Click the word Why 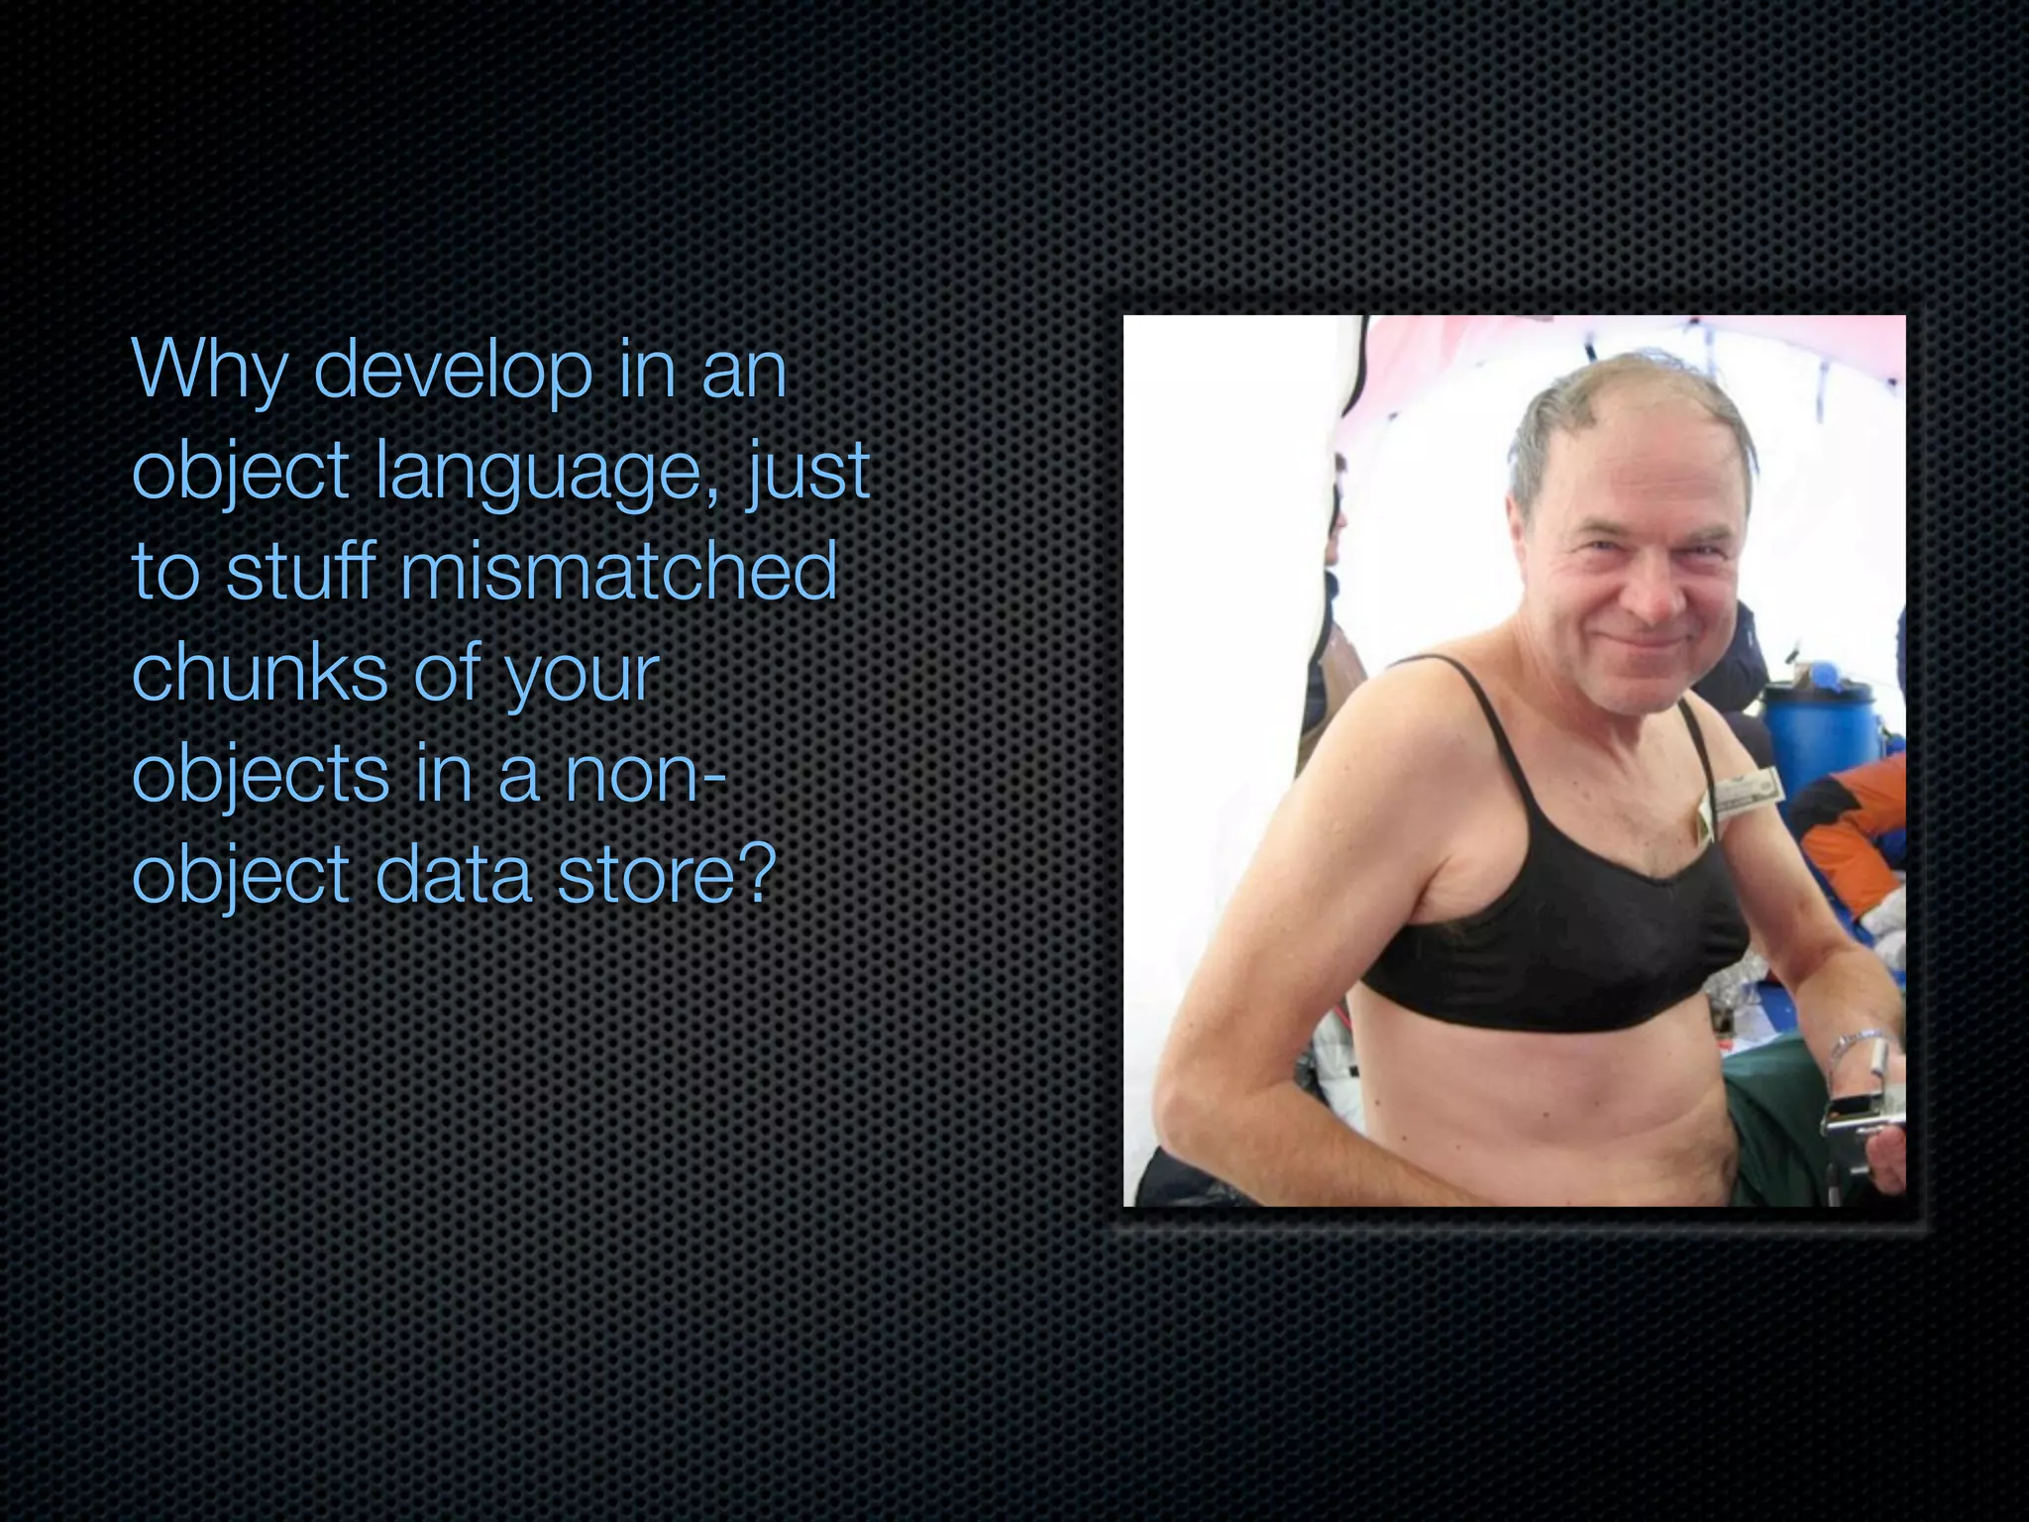pyautogui.click(x=209, y=370)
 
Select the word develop pyautogui.click(x=453, y=370)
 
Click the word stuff pyautogui.click(x=300, y=572)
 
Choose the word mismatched pyautogui.click(x=619, y=572)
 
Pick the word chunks pyautogui.click(x=260, y=673)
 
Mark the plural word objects pyautogui.click(x=261, y=775)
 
